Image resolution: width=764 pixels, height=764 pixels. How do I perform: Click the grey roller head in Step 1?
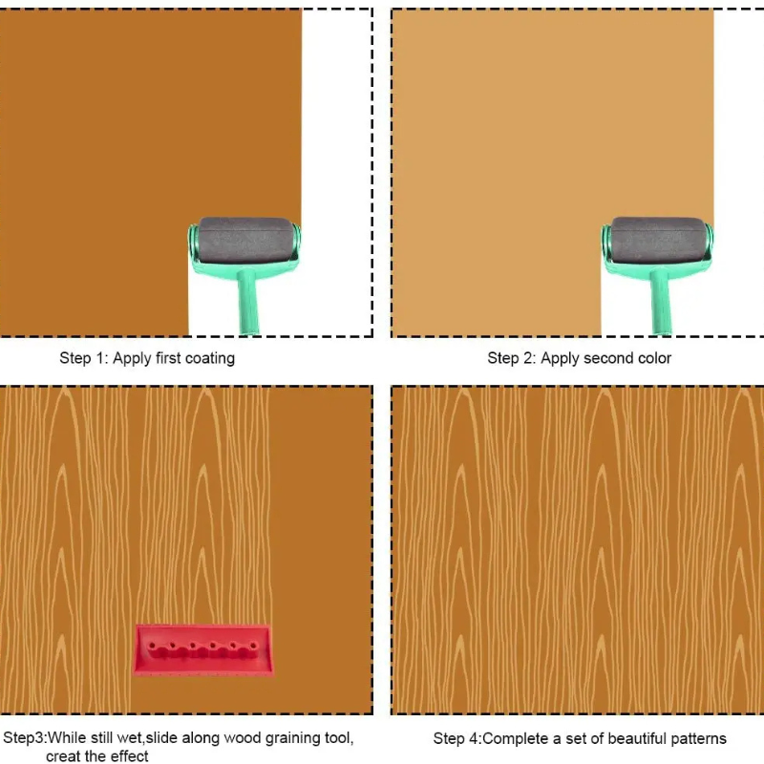[x=246, y=240]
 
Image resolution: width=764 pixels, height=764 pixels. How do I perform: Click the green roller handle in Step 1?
[x=247, y=301]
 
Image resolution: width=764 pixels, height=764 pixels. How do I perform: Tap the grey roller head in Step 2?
[x=659, y=240]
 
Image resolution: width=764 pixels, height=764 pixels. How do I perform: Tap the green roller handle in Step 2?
[x=660, y=301]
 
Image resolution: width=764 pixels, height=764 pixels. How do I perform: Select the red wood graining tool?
[x=202, y=650]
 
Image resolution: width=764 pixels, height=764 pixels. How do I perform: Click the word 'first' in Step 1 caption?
[x=168, y=358]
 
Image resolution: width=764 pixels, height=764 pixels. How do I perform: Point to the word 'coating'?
[x=210, y=359]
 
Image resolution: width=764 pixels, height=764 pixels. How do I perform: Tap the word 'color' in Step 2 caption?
[x=655, y=358]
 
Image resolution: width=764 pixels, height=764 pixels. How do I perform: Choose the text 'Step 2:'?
[x=512, y=358]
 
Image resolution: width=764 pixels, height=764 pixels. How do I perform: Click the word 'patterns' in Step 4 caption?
[x=698, y=738]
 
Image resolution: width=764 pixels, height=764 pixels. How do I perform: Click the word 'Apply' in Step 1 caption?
[x=132, y=359]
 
